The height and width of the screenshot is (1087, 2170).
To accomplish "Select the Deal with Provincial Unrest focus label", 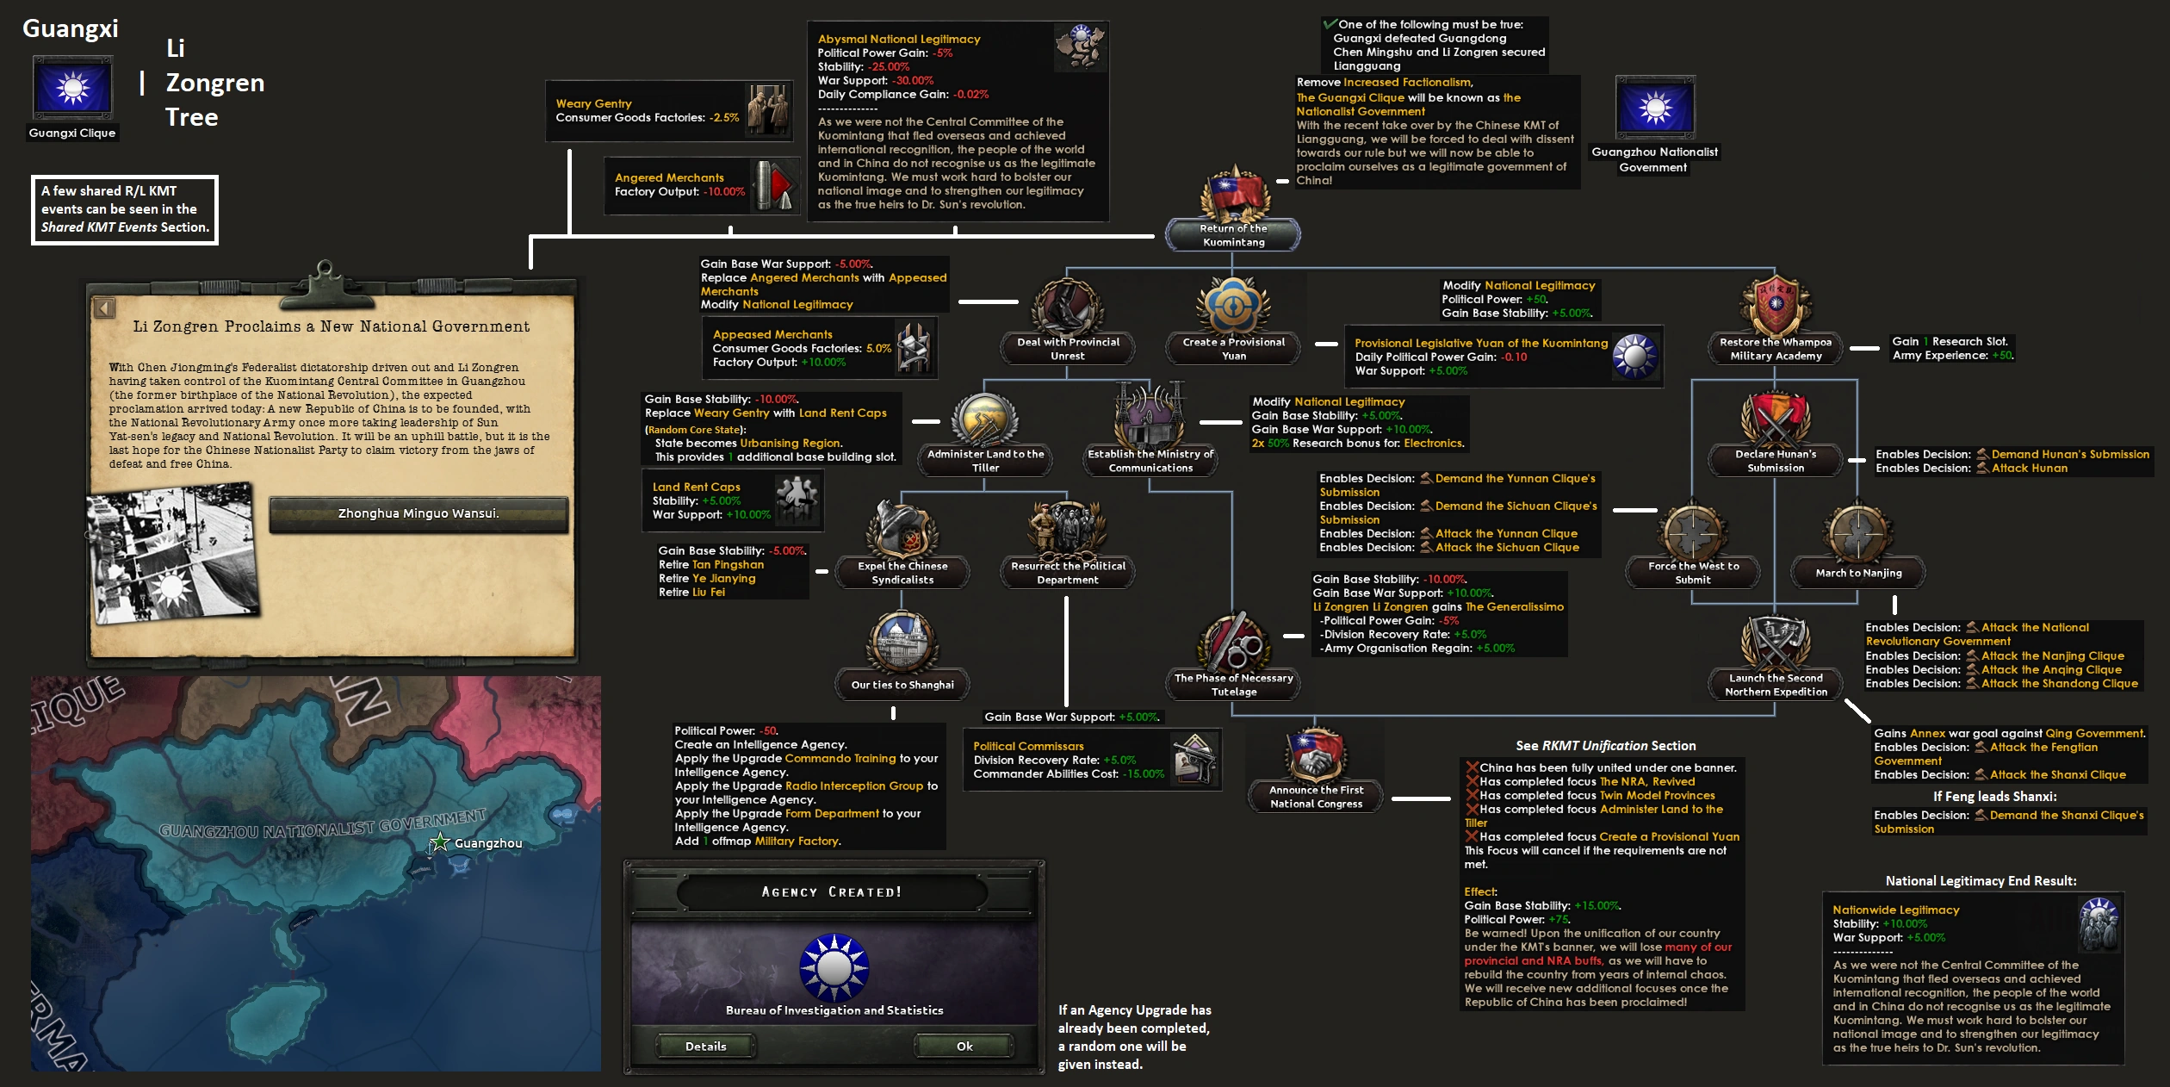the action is click(1068, 349).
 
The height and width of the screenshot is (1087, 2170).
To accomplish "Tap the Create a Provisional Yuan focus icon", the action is click(1233, 307).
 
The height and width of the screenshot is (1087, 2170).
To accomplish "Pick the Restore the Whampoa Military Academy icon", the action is click(1776, 307).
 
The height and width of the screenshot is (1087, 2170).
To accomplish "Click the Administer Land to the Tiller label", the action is click(985, 461).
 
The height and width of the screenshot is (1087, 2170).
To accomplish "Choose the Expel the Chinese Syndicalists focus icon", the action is click(902, 531).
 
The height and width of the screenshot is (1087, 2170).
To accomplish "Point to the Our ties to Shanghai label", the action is click(902, 685).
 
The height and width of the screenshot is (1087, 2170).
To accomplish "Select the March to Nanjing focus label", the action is click(1858, 573).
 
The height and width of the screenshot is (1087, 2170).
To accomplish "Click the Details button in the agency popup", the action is click(705, 1047).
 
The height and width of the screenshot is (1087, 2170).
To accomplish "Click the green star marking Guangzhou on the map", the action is click(440, 842).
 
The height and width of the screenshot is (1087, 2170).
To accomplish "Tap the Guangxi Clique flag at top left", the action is click(72, 89).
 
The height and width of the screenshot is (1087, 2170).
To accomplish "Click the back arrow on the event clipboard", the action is click(104, 307).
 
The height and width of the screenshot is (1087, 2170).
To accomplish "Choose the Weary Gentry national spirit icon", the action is click(767, 110).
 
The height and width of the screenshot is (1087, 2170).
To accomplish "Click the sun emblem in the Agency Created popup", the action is click(834, 966).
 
